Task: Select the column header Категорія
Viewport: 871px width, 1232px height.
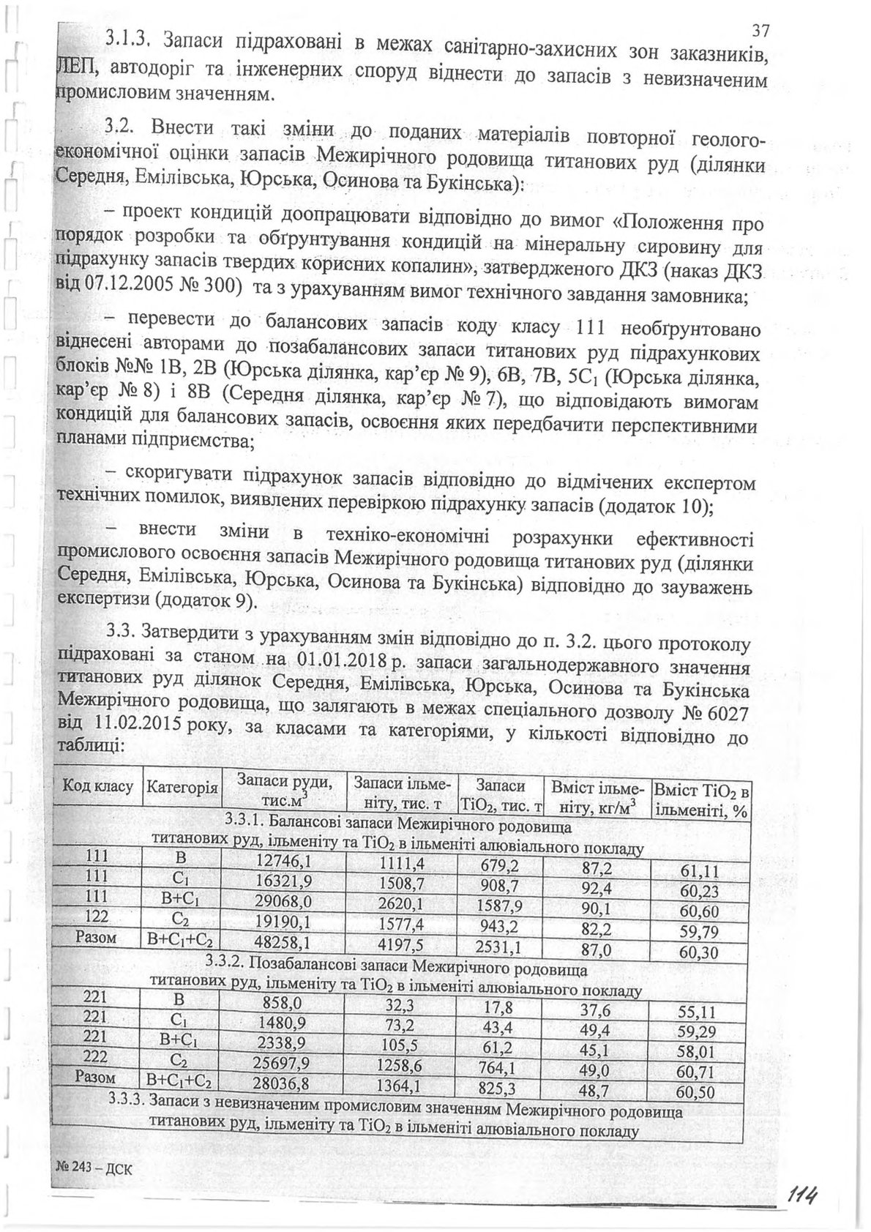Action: pos(182,788)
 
